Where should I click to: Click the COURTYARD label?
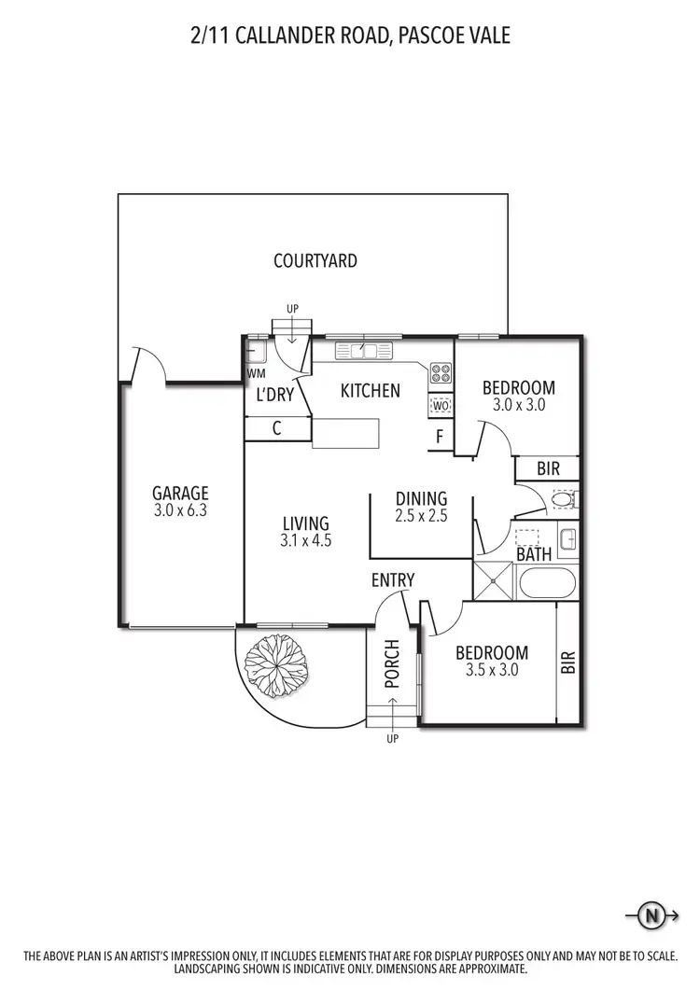(315, 261)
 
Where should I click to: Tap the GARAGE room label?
(181, 494)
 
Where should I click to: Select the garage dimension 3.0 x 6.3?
(181, 510)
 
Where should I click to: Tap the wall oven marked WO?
(441, 406)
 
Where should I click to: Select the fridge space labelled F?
(441, 435)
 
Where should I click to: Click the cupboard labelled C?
(277, 428)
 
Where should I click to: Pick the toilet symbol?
(562, 501)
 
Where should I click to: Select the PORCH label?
(392, 663)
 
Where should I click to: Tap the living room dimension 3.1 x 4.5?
(306, 540)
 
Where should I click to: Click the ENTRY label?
(393, 580)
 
